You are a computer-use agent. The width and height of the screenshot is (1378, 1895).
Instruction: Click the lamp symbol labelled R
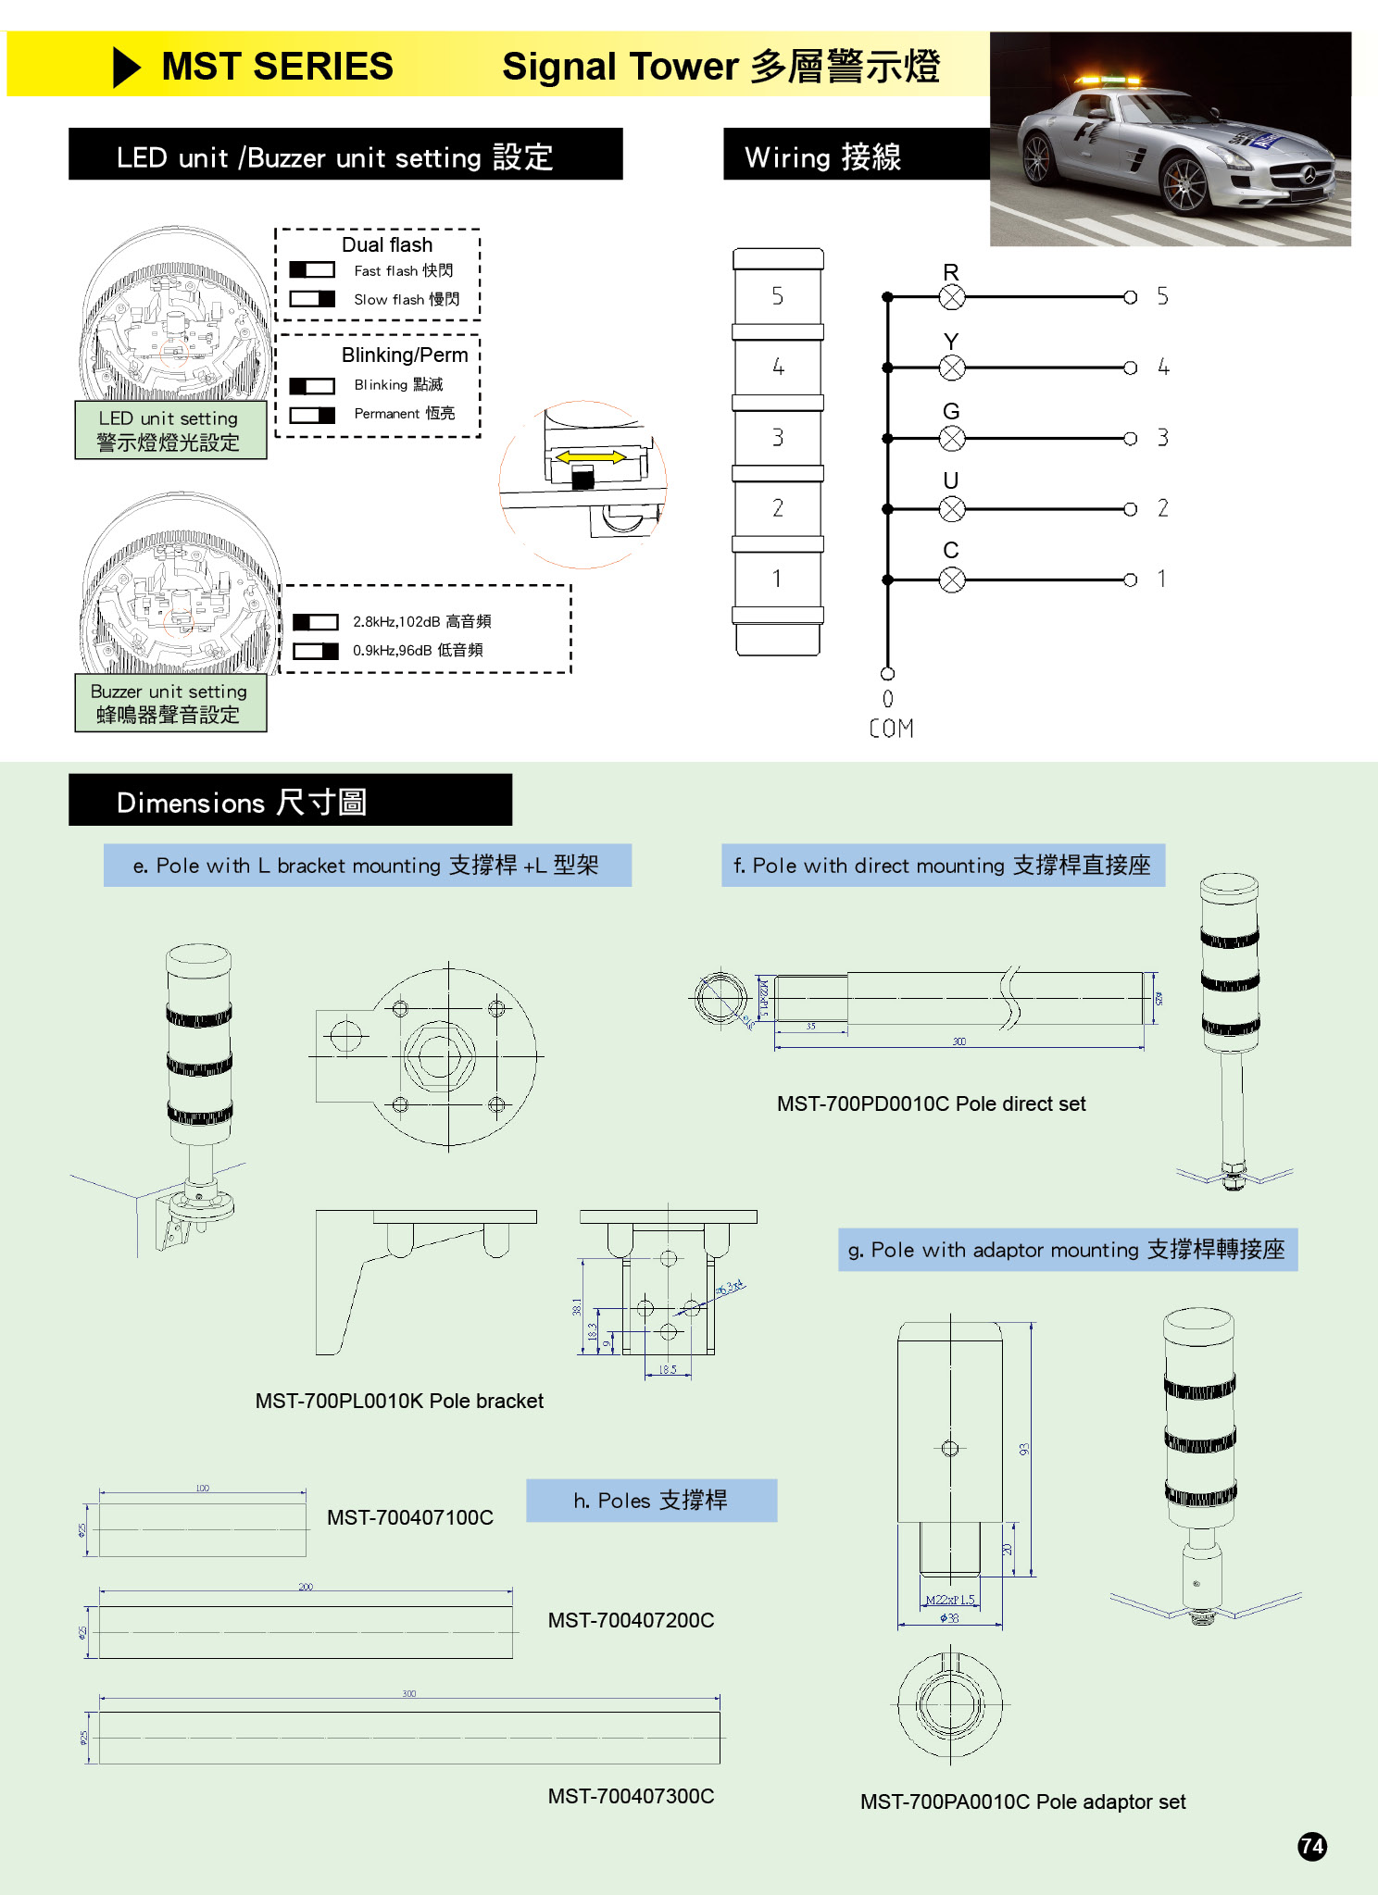coord(951,297)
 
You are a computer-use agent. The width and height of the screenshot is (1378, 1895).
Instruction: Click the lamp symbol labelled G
coord(951,438)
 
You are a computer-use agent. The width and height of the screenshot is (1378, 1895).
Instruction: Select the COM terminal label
coord(891,729)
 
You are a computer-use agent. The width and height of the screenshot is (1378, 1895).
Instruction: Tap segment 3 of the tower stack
coord(778,438)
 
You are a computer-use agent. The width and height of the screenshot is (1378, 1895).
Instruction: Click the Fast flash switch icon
coord(312,270)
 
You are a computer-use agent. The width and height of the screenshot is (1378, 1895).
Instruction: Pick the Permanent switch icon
coord(312,415)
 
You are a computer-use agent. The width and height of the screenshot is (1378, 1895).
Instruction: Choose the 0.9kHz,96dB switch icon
coord(316,651)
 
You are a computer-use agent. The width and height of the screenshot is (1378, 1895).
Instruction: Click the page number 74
coord(1312,1847)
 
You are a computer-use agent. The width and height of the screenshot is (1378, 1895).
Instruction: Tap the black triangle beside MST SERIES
coord(126,68)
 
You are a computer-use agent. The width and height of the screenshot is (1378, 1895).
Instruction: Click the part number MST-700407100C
coord(409,1517)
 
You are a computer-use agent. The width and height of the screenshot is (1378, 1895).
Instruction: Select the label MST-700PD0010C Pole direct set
coord(931,1103)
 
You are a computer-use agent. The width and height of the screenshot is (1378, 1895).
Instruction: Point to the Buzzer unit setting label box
coord(170,704)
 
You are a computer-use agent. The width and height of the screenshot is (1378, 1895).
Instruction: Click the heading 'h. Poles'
coord(651,1501)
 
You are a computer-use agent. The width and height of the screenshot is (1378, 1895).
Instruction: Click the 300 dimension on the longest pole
coord(408,1693)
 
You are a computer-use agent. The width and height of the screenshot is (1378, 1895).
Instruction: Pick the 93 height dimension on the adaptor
coord(1024,1449)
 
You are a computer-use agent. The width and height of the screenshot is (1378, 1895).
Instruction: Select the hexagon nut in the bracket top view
coord(440,1056)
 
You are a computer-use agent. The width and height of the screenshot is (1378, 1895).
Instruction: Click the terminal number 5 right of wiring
coord(1162,297)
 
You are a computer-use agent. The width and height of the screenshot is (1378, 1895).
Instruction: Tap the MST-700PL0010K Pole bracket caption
coord(399,1401)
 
